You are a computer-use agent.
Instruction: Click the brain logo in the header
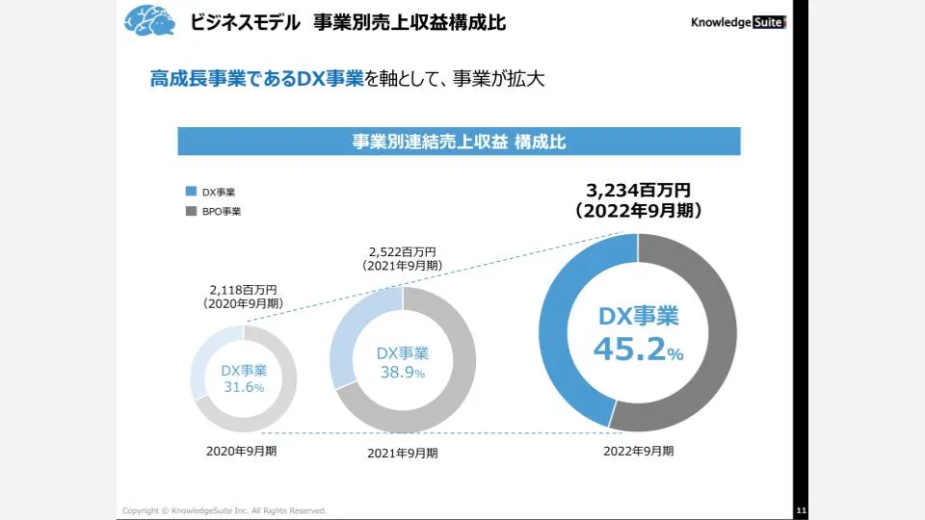coord(150,20)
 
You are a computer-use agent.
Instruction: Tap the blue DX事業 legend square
coord(191,192)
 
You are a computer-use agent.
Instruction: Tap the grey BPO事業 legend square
coord(191,210)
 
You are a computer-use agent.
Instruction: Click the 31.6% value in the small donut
coord(244,387)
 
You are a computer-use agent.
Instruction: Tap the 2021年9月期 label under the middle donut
coord(403,453)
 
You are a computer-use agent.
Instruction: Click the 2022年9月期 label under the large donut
coord(639,450)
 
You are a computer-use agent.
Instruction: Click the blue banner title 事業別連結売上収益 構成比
coord(459,142)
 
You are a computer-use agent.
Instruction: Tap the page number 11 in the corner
coord(802,509)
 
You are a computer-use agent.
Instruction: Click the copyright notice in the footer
coord(224,509)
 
